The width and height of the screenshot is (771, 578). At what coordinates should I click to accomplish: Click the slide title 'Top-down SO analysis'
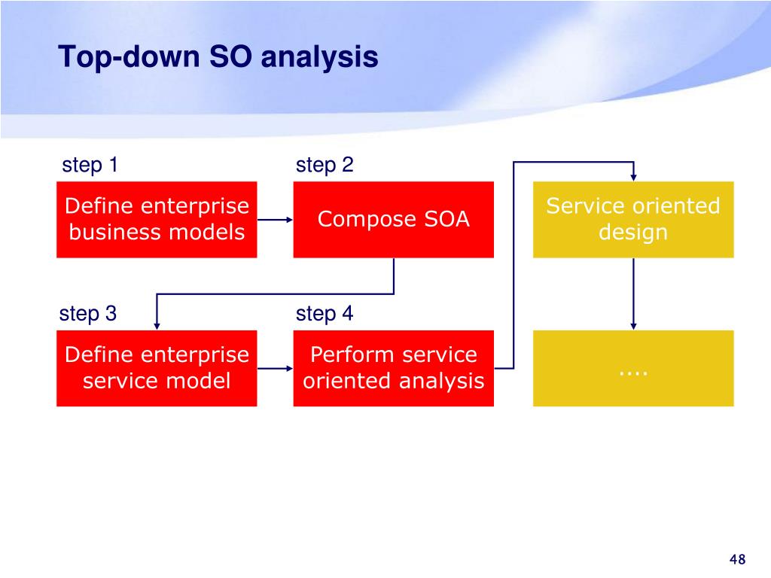pyautogui.click(x=218, y=57)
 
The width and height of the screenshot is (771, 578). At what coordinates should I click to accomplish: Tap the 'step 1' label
pyautogui.click(x=90, y=165)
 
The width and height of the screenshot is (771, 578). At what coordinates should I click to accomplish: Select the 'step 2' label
pyautogui.click(x=325, y=165)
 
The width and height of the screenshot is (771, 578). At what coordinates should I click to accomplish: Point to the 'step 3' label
pyautogui.click(x=88, y=314)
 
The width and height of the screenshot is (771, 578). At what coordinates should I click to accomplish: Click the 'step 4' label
pyautogui.click(x=325, y=314)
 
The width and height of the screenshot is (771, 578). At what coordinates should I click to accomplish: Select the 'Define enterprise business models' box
pyautogui.click(x=157, y=220)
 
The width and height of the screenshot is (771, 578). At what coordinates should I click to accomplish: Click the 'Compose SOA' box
pyautogui.click(x=393, y=220)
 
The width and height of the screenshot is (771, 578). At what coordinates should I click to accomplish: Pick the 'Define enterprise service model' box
pyautogui.click(x=157, y=368)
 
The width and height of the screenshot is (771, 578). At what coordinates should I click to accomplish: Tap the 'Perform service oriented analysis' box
pyautogui.click(x=393, y=368)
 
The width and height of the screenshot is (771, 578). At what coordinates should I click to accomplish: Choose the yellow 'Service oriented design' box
pyautogui.click(x=633, y=220)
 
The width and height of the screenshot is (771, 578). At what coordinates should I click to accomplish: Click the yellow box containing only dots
pyautogui.click(x=633, y=368)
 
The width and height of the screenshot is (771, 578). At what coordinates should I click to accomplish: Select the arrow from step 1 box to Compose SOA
pyautogui.click(x=276, y=220)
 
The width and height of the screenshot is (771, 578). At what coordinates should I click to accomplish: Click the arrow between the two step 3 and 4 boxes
pyautogui.click(x=276, y=368)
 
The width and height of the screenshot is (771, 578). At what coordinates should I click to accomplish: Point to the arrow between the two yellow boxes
pyautogui.click(x=633, y=294)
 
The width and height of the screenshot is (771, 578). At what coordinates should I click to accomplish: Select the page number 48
pyautogui.click(x=738, y=559)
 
